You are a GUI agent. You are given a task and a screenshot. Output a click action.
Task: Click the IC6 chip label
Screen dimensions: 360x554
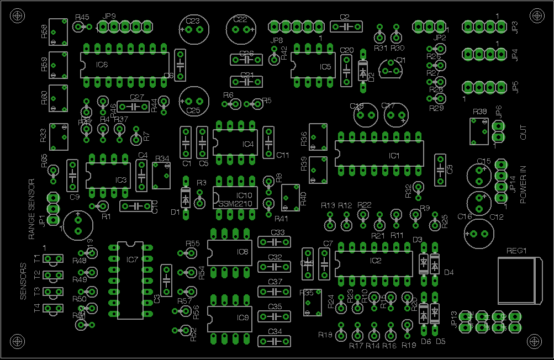point(102,65)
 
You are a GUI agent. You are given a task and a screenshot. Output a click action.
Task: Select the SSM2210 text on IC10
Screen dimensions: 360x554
point(235,204)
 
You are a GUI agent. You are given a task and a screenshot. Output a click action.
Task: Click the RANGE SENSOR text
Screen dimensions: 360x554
point(31,209)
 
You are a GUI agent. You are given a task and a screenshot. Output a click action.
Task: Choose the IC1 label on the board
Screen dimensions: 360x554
point(394,156)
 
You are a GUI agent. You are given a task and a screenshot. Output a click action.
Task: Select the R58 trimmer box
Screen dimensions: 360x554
point(58,31)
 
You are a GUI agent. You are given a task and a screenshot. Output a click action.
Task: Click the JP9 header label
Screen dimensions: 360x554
point(109,16)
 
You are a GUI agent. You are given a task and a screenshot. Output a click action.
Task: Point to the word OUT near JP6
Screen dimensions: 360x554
point(523,133)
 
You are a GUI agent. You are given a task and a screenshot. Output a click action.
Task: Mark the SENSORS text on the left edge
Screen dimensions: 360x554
point(23,281)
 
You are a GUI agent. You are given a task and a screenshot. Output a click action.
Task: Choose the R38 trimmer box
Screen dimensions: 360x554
point(479,131)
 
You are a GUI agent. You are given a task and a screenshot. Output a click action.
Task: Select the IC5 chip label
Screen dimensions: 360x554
point(325,67)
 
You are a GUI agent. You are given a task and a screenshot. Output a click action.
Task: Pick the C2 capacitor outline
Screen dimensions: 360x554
point(346,26)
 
